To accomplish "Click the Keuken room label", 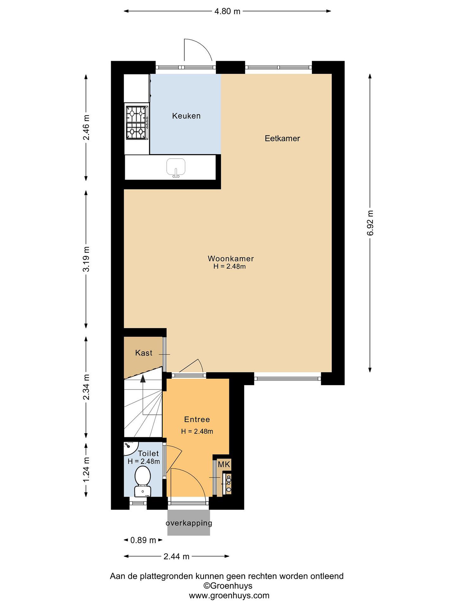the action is [x=186, y=116].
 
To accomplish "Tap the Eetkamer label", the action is [x=282, y=138].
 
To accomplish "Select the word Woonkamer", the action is [x=231, y=258].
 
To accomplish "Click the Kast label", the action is [x=144, y=353].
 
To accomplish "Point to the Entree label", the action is [x=197, y=419].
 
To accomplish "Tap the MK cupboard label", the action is [x=224, y=464].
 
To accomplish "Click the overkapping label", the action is [x=189, y=522].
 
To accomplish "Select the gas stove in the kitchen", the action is [x=137, y=123].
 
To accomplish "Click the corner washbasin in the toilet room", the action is [x=130, y=448].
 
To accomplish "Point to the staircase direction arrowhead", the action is [x=143, y=379].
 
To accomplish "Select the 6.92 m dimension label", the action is [x=370, y=223].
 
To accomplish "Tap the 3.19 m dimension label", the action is [x=86, y=259].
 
